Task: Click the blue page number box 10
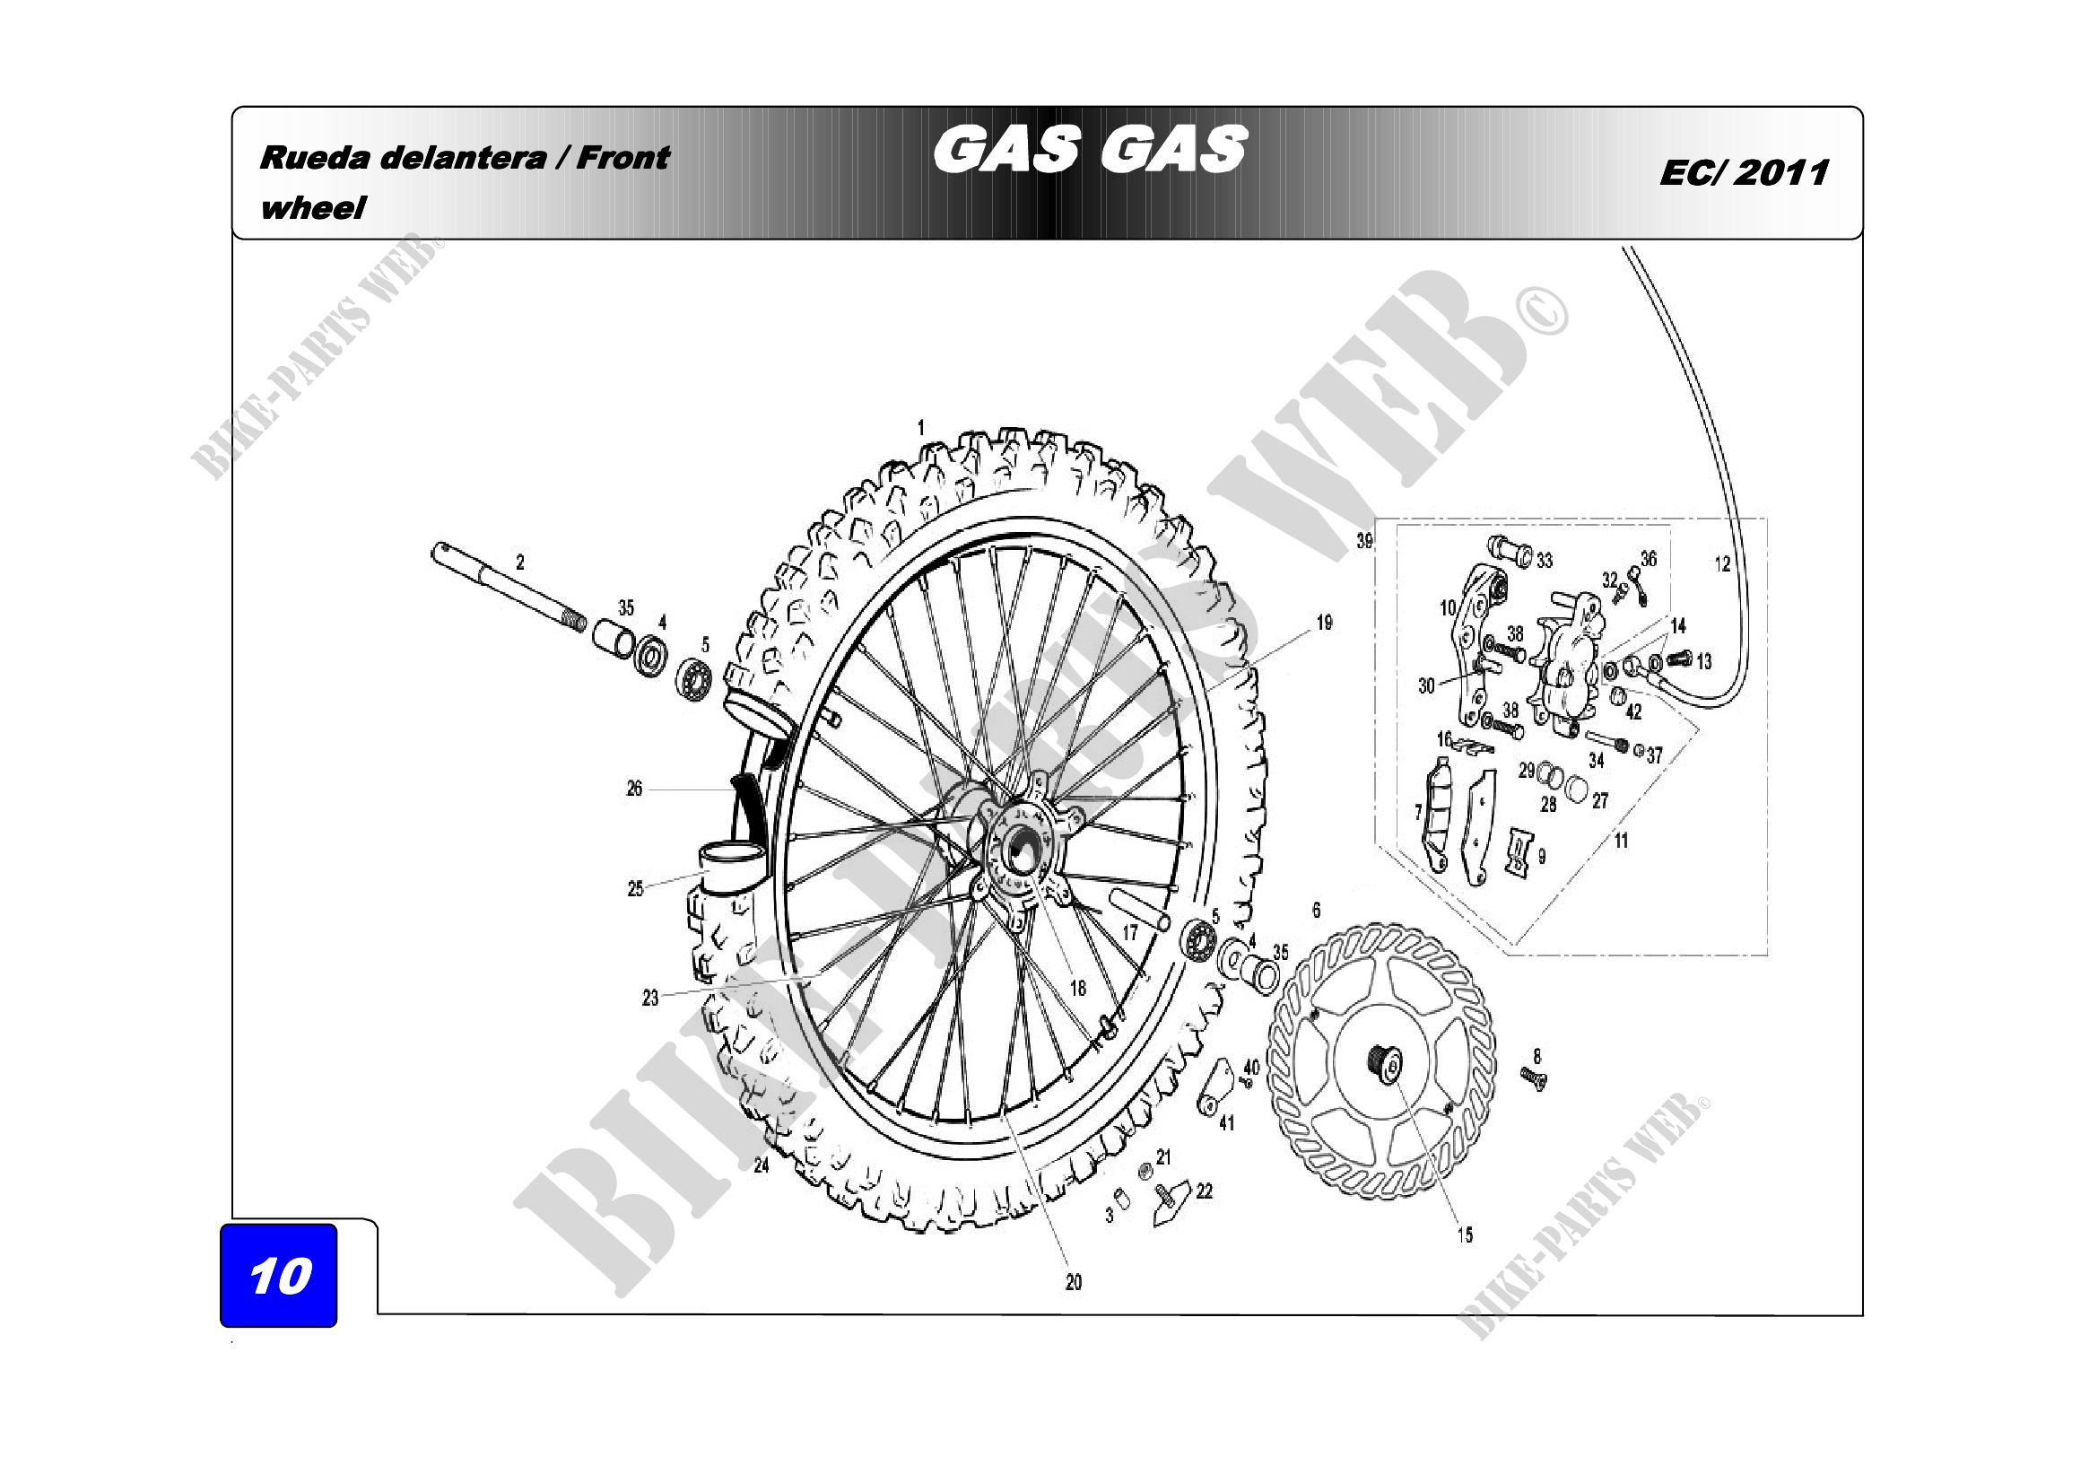pos(279,1275)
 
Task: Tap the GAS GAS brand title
pos(1089,150)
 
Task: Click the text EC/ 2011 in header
pos(1744,172)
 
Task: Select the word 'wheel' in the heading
pos(312,208)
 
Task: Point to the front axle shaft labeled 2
pos(509,588)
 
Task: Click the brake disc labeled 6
pos(1381,1060)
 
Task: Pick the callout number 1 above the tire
pos(921,427)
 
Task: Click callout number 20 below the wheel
pos(1074,1282)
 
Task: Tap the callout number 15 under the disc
pos(1465,1234)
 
